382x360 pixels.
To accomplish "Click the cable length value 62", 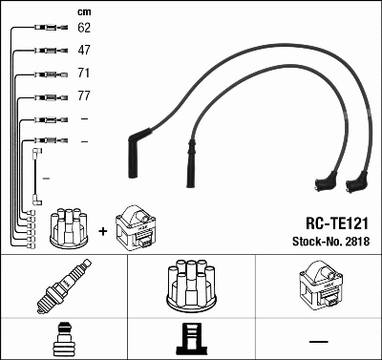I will pos(84,28).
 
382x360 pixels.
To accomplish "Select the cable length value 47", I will pos(84,50).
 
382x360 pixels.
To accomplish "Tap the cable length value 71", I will pos(84,73).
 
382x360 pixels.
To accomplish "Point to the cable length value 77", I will pos(84,95).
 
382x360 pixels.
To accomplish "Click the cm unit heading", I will pos(83,11).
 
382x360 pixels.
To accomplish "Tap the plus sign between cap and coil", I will pos(101,230).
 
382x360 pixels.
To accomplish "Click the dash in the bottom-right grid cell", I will pos(318,340).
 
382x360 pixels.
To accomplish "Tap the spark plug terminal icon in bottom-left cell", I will pos(63,339).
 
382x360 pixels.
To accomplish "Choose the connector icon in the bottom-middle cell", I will pos(191,339).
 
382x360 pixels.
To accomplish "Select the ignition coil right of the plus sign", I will pos(136,228).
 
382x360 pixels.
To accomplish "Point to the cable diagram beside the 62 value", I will pos(46,28).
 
